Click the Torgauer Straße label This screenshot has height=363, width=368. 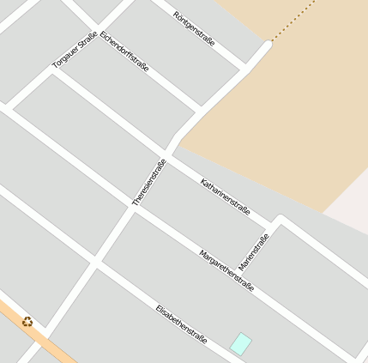tap(75, 50)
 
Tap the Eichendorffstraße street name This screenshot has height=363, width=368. tap(124, 51)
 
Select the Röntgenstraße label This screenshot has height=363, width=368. tap(194, 28)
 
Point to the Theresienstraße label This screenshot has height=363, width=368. tap(149, 181)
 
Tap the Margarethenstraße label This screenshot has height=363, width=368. tap(226, 270)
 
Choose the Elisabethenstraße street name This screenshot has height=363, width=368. tap(182, 324)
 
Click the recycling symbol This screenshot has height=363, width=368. tap(28, 322)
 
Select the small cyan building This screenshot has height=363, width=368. tap(242, 343)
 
